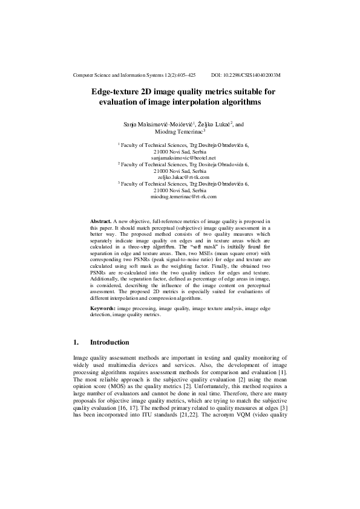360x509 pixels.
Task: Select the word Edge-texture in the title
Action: tap(114, 92)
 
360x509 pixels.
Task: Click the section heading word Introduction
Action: tap(110, 342)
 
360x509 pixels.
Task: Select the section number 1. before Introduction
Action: tap(76, 342)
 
